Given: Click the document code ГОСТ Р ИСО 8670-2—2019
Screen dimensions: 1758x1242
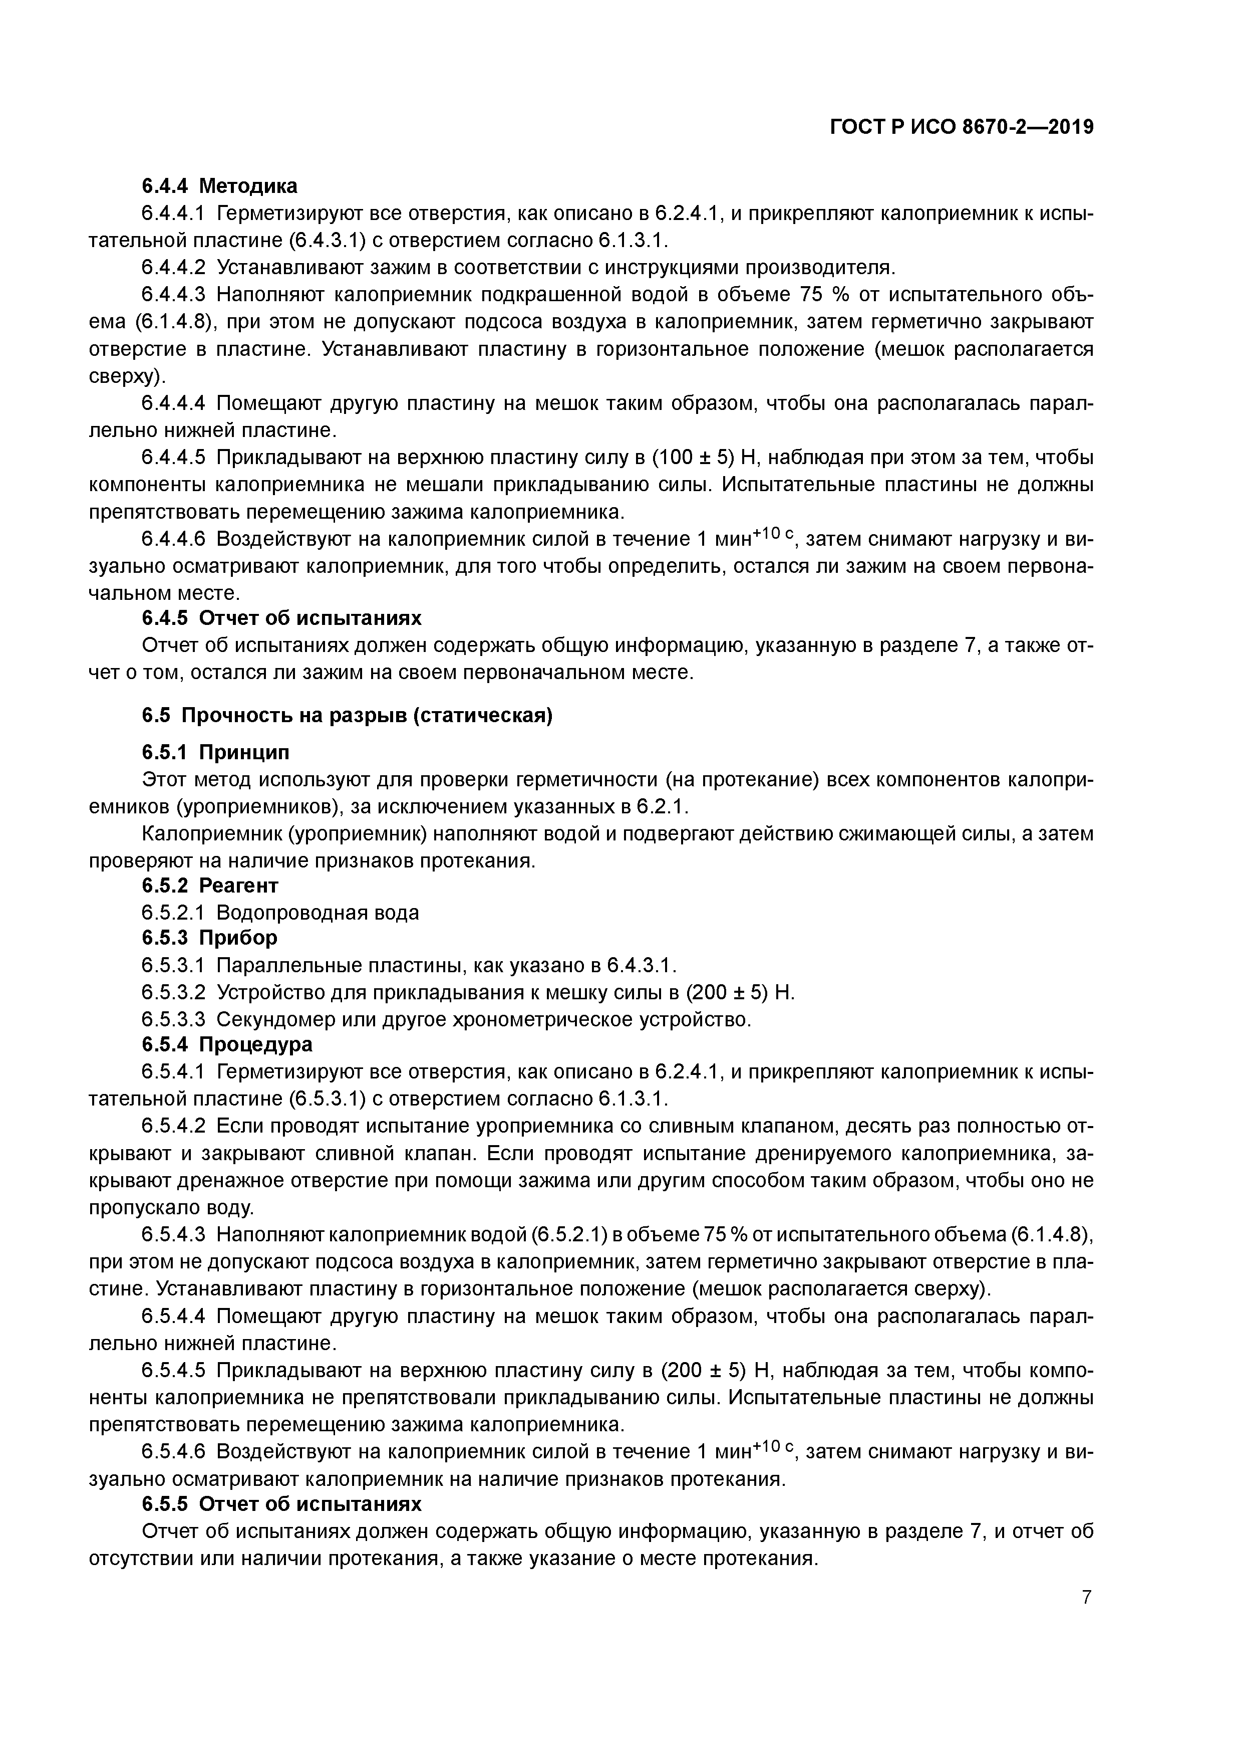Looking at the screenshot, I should [962, 127].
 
